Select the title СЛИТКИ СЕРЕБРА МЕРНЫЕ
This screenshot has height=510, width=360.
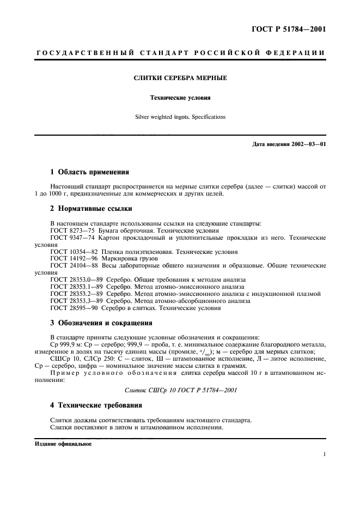click(x=180, y=78)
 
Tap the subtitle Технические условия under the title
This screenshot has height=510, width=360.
click(x=180, y=98)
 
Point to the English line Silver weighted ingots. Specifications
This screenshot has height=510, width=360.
click(x=180, y=117)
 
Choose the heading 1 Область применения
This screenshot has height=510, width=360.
click(x=89, y=172)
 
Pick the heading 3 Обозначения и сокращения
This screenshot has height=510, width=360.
click(x=101, y=323)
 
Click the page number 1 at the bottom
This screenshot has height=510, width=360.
click(x=324, y=453)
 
